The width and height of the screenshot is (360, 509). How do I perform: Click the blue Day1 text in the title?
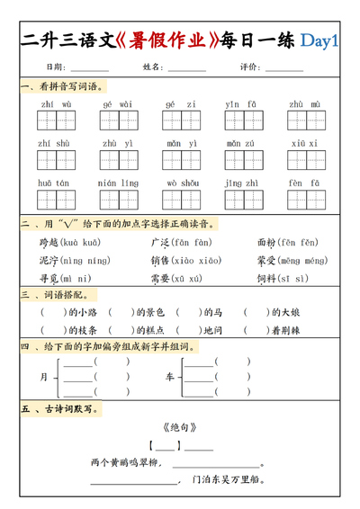pyautogui.click(x=319, y=40)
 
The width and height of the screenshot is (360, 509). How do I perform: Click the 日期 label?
pyautogui.click(x=54, y=67)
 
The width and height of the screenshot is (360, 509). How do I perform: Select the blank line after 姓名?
pyautogui.click(x=186, y=67)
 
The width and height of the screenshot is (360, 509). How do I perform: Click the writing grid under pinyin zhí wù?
pyautogui.click(x=56, y=121)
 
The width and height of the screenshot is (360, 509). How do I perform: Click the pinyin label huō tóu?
pyautogui.click(x=54, y=183)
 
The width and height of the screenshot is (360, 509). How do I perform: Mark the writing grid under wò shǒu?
pyautogui.click(x=181, y=200)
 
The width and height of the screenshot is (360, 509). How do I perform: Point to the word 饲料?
pyautogui.click(x=266, y=279)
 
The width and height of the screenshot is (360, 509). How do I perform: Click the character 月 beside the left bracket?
pyautogui.click(x=43, y=377)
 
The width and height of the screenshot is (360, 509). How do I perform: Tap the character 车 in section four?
pyautogui.click(x=168, y=377)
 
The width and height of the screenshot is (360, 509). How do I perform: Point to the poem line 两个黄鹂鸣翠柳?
pyautogui.click(x=124, y=462)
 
